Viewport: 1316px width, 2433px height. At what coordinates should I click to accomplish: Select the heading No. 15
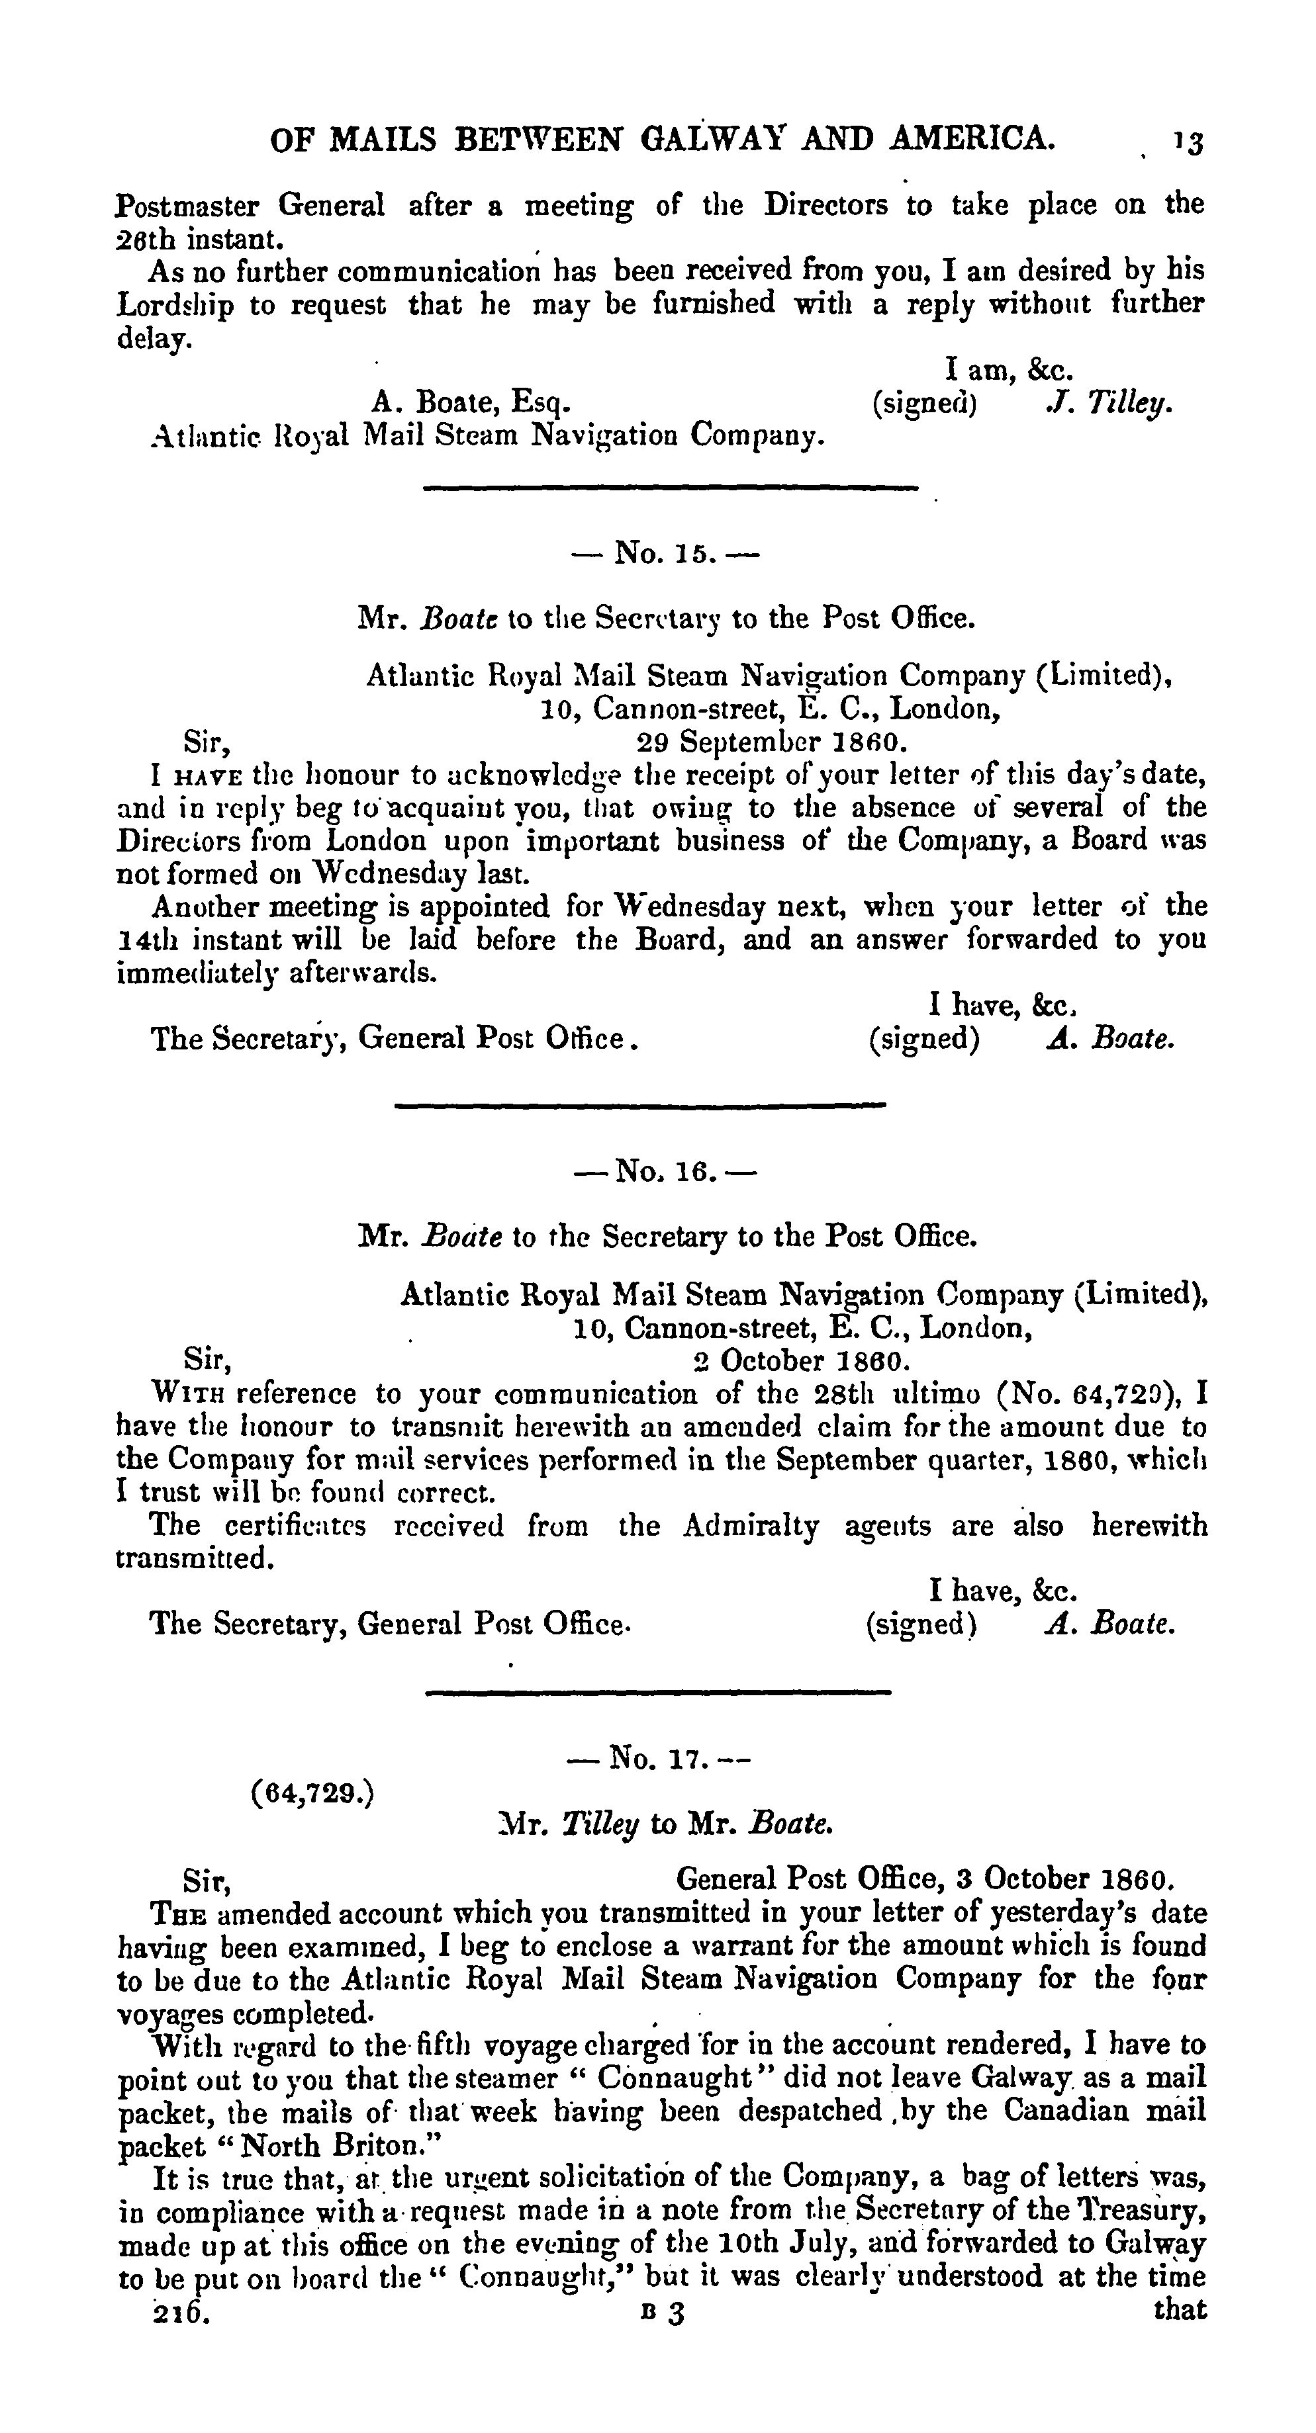pos(665,552)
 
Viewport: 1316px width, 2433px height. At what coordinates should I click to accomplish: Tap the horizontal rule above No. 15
pos(670,488)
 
